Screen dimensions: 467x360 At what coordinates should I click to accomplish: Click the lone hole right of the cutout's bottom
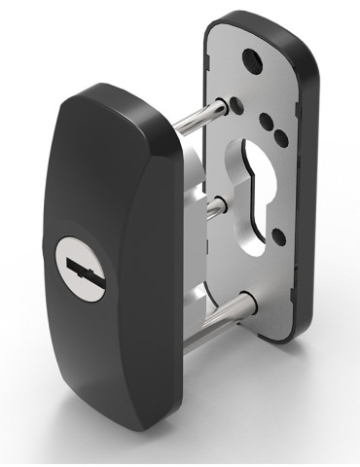coord(279,233)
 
